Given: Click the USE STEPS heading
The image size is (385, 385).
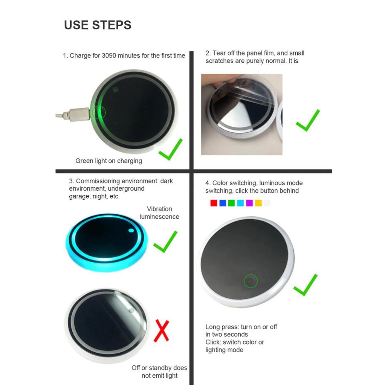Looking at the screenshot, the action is click(97, 25).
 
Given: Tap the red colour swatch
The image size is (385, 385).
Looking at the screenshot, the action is click(214, 203).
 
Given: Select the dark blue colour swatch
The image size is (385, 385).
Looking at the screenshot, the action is click(223, 203).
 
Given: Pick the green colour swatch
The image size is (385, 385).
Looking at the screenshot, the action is click(231, 203).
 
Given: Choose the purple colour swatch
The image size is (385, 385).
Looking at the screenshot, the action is click(249, 203).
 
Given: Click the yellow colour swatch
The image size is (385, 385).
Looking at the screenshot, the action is click(258, 203).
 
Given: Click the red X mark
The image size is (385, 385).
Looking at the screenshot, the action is click(161, 331).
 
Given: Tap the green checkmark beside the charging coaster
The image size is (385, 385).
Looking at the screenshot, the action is click(171, 149).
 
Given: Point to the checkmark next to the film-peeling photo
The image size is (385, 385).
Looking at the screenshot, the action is click(308, 120).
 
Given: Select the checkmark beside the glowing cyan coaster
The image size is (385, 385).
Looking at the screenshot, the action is click(165, 242).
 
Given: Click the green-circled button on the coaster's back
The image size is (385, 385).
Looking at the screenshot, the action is click(251, 281).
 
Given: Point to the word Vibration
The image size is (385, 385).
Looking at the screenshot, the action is click(159, 209).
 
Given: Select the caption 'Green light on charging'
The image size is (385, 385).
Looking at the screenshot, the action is click(109, 161).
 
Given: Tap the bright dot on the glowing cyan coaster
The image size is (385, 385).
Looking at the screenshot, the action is click(131, 230).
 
